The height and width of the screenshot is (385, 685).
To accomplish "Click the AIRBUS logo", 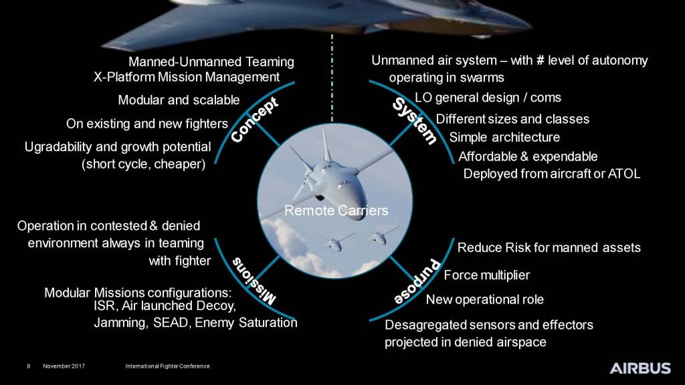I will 640,368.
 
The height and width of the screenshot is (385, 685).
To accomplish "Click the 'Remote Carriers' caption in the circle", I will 336,211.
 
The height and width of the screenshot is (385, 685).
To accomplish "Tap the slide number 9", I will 28,366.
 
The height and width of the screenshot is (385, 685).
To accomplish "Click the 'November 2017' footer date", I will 64,366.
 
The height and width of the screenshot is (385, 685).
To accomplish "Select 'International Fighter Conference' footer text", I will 167,366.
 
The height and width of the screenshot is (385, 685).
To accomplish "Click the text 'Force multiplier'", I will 486,275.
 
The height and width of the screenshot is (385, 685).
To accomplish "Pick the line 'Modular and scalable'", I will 179,100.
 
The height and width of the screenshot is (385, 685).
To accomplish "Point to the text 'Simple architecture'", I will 504,138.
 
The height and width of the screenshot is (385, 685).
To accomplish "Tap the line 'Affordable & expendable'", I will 528,156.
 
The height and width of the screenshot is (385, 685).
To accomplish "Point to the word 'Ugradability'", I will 59,146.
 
